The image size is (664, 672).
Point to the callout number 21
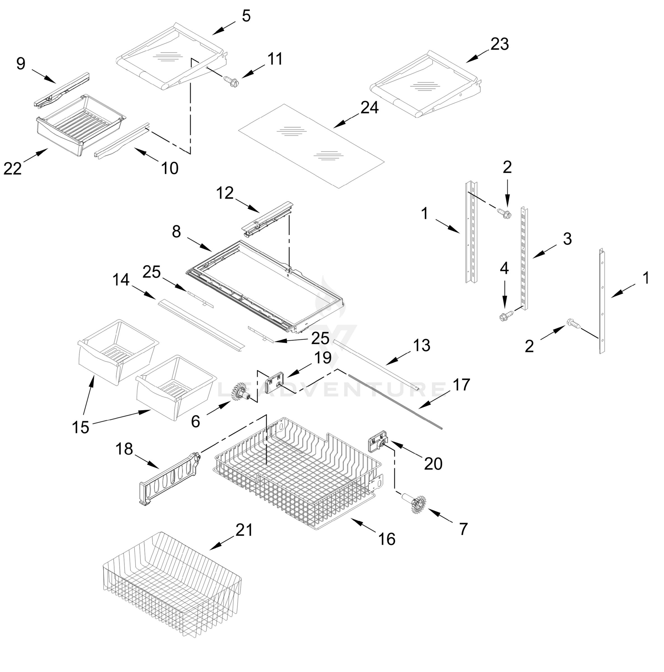click(244, 530)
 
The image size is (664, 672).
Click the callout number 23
click(499, 45)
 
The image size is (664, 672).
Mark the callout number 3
click(567, 239)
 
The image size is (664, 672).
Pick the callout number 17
click(461, 385)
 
